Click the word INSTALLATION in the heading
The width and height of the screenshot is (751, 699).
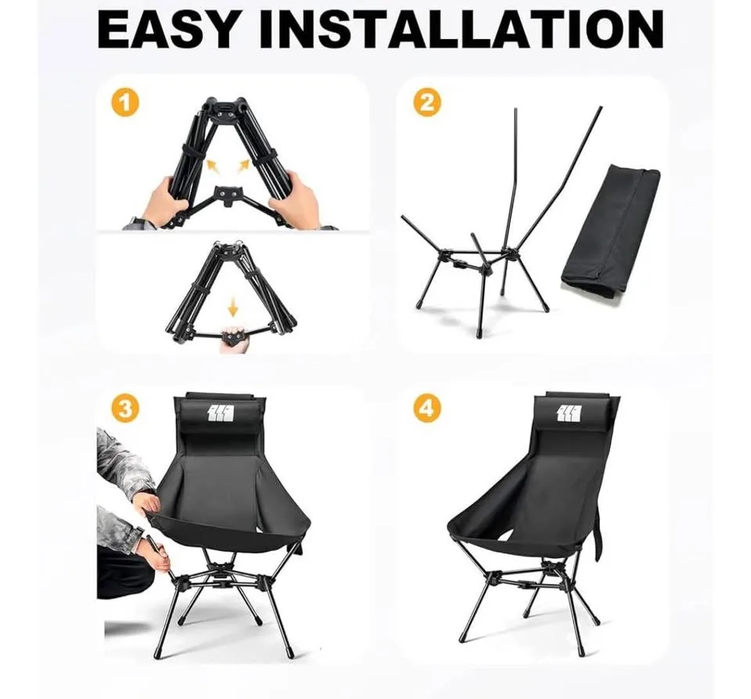(462, 29)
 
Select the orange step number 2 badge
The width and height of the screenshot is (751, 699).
(427, 103)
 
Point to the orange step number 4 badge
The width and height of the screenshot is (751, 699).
(427, 408)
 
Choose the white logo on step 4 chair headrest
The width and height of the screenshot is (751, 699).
(571, 413)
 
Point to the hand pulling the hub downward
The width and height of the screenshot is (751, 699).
(233, 340)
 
